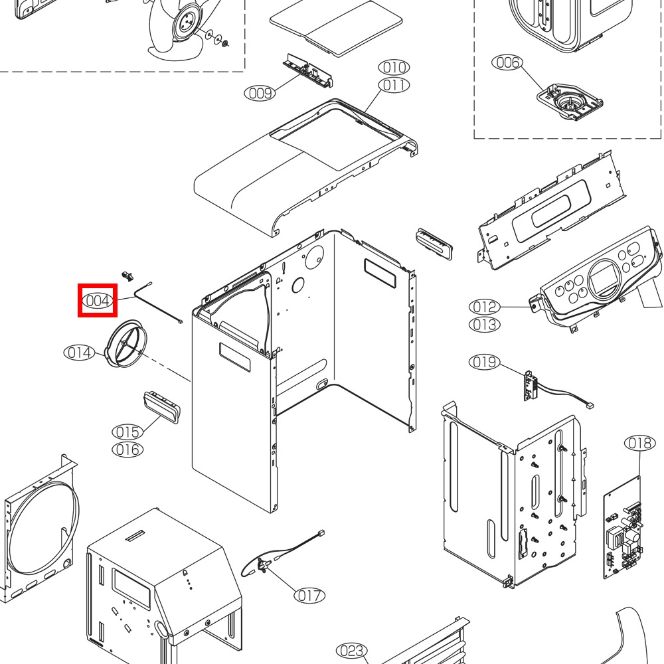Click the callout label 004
coord(98,301)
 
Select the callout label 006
coord(507,62)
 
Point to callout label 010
coord(394,67)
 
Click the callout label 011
coord(394,85)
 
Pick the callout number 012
coord(485,307)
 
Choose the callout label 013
coord(485,325)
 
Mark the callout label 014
coord(80,353)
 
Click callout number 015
coord(127,432)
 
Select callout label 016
coord(127,450)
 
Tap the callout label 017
coord(309,596)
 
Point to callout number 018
coord(640,443)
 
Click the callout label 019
coord(485,362)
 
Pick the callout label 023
coord(352,650)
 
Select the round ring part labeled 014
coord(123,342)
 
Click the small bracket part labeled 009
coord(307,70)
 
